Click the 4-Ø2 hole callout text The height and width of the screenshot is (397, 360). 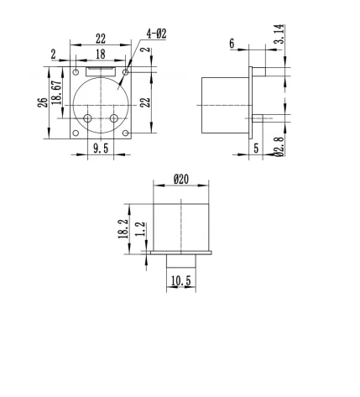tap(156, 34)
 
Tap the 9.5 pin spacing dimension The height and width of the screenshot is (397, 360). tap(100, 149)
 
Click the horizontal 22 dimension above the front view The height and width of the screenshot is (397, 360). tap(100, 39)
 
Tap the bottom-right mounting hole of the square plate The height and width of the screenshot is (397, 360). tap(125, 133)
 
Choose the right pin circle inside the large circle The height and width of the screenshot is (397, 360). tap(114, 118)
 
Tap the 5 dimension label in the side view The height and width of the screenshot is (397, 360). tap(256, 149)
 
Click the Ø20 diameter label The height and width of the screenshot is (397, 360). tap(180, 179)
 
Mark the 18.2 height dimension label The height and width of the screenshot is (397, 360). tap(123, 227)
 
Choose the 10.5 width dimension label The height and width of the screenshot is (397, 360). tap(180, 281)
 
